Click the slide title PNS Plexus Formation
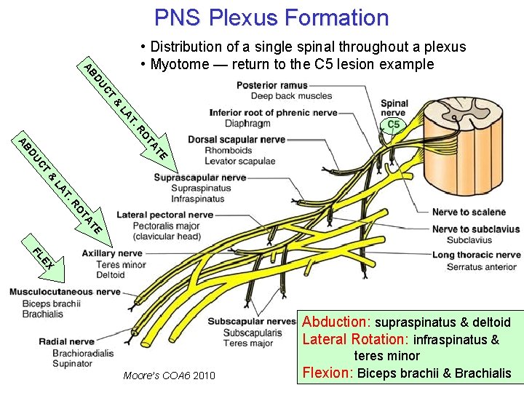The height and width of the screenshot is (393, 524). pos(271,17)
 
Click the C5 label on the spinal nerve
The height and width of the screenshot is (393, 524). pos(393,125)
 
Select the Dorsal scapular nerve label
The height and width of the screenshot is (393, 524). pos(237,139)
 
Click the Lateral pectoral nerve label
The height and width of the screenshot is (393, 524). pos(164,215)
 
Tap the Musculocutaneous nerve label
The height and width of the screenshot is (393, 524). pos(65,292)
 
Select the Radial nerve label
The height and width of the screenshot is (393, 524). pos(66,341)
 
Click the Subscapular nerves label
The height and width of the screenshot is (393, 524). pos(251,321)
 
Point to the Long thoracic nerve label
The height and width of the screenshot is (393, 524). pos(476,255)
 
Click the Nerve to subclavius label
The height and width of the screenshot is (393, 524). pos(476,229)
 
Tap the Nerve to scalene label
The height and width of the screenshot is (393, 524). pos(469,212)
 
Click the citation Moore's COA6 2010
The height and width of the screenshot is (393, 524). pos(169,376)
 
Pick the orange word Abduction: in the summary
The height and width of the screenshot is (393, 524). pos(337,322)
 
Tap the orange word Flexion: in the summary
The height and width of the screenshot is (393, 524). pos(327,373)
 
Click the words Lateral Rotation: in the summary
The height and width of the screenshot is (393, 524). pos(356,339)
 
